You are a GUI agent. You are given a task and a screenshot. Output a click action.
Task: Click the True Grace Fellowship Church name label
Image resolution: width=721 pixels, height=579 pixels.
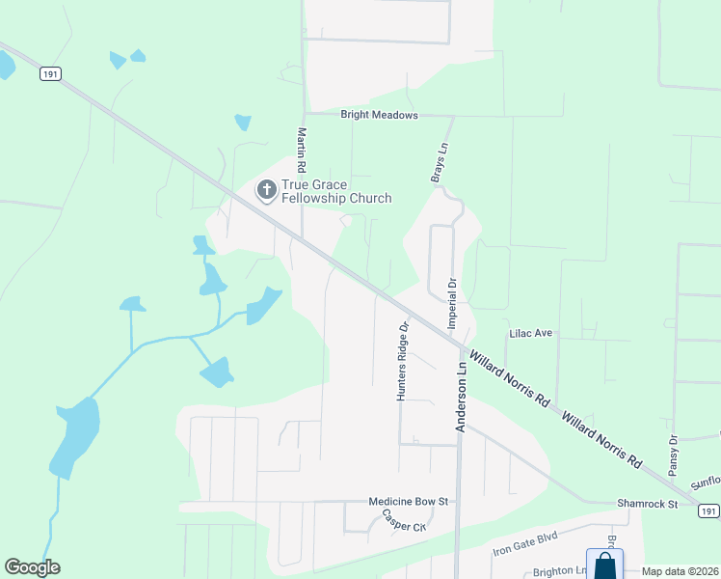(x=336, y=192)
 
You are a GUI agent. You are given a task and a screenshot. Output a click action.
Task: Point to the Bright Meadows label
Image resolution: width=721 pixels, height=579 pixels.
(x=380, y=115)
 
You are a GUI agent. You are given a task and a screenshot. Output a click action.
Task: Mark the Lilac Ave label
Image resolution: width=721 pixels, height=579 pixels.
(x=530, y=333)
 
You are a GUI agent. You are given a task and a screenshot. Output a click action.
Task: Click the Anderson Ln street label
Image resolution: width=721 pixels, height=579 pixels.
(x=462, y=396)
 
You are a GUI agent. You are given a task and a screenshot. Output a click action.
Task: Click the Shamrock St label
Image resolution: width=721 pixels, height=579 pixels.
(x=648, y=505)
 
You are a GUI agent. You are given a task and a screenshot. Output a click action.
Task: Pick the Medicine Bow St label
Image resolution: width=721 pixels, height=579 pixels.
(x=410, y=502)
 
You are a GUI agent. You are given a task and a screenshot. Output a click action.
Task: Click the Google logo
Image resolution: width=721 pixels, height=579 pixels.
(x=32, y=567)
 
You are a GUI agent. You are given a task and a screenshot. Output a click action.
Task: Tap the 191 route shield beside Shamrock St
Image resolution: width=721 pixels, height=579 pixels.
(x=708, y=510)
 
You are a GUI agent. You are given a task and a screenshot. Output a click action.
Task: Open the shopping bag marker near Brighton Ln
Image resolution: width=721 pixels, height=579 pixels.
(x=604, y=564)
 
